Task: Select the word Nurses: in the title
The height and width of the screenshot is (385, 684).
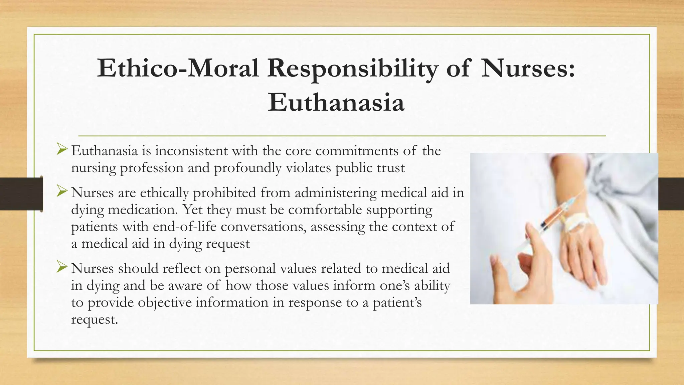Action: point(528,69)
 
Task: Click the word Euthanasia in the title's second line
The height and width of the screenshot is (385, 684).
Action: point(336,102)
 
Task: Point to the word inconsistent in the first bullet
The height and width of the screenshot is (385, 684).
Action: point(191,151)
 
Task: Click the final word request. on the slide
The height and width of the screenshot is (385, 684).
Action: point(95,319)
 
